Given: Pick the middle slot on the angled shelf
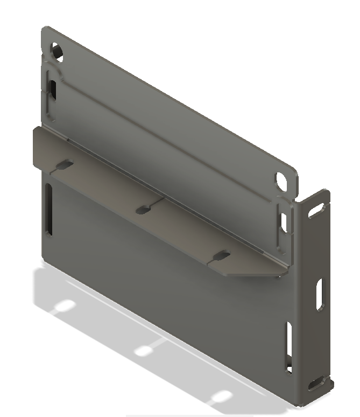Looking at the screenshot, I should tap(144, 210).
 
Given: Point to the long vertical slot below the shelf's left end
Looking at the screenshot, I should tap(49, 209).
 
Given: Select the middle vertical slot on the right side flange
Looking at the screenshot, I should tap(320, 294).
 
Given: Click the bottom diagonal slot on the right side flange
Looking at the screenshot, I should tap(314, 384).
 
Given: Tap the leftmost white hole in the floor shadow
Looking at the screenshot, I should tap(65, 306).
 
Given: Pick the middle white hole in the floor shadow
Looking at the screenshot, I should tap(144, 351).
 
